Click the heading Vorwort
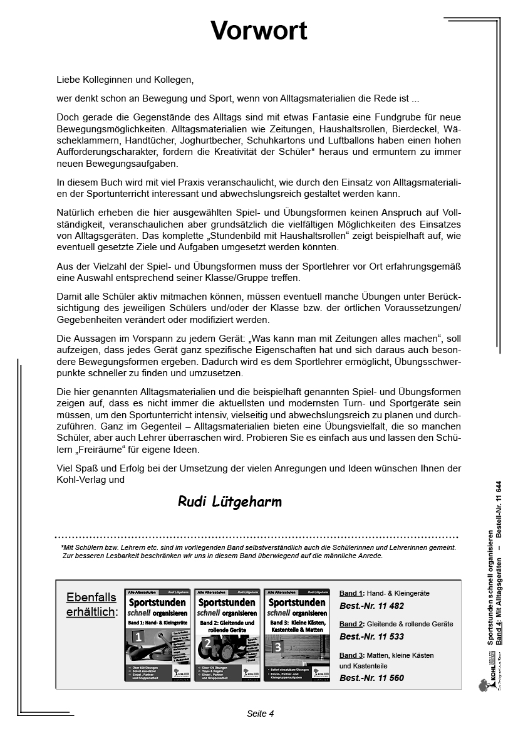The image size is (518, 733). (259, 31)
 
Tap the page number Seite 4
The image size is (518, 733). (260, 714)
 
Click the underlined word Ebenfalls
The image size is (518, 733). (91, 597)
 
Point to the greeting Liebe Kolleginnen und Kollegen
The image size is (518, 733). (125, 80)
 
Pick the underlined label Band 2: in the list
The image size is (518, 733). (351, 624)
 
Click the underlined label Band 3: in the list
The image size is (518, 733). (351, 655)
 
